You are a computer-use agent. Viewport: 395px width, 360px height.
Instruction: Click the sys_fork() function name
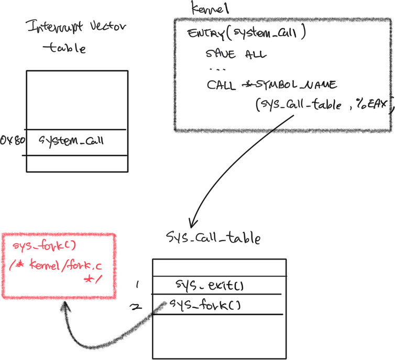[45, 246]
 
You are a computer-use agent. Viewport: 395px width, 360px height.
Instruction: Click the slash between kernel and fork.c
[63, 265]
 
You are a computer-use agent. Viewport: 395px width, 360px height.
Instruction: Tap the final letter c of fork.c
[98, 266]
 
